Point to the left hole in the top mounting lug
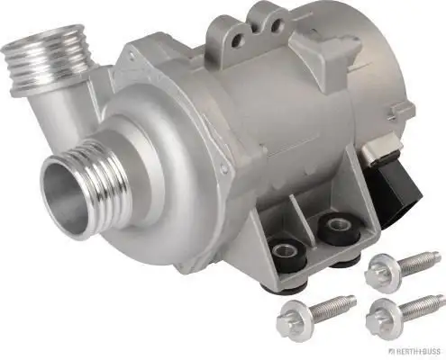coord(236,40)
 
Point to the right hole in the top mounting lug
coord(277,26)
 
